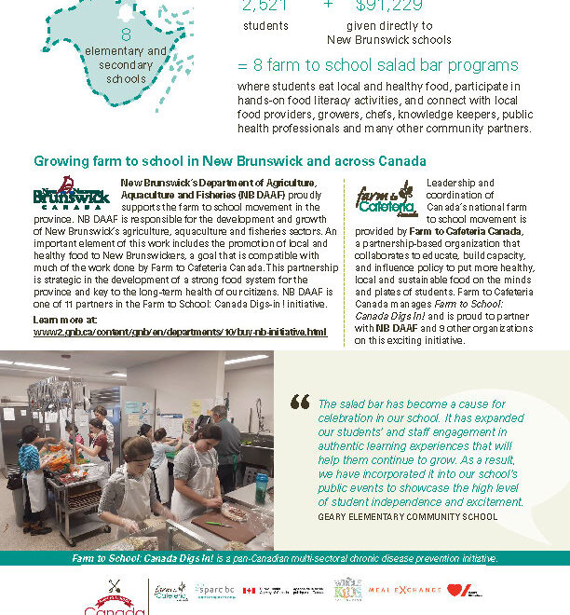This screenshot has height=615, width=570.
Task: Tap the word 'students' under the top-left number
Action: (x=265, y=26)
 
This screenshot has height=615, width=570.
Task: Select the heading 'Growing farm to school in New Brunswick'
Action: (x=230, y=161)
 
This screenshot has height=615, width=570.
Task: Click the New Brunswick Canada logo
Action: (x=71, y=193)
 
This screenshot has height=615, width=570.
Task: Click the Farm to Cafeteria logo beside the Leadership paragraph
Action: (x=385, y=198)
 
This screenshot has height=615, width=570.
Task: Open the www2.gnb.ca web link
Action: (x=180, y=332)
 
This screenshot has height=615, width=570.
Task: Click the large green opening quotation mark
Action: (x=300, y=402)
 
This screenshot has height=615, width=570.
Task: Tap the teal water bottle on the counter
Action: (x=261, y=487)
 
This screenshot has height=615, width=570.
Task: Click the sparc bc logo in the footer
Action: (x=215, y=591)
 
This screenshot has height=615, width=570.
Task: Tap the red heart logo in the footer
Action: (x=460, y=591)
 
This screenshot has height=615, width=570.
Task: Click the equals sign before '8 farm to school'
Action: (x=243, y=66)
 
